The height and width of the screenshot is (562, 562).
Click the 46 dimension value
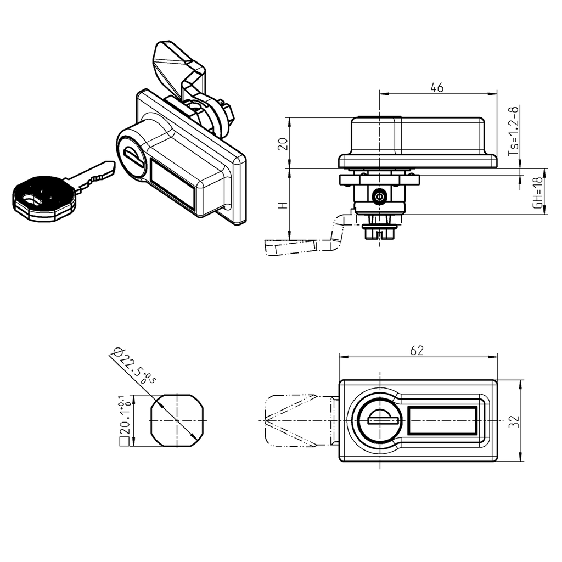point(437,87)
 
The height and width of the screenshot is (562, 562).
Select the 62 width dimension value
point(417,351)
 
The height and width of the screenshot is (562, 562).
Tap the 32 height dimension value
point(513,421)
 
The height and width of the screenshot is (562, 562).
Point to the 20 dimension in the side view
point(283,144)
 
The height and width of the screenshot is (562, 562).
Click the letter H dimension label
point(283,206)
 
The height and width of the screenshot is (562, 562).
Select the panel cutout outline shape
point(177,420)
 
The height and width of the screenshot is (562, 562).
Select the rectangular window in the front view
point(442,421)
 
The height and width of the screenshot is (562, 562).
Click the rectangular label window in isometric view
point(172,184)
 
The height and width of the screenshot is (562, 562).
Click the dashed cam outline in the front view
point(291,421)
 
